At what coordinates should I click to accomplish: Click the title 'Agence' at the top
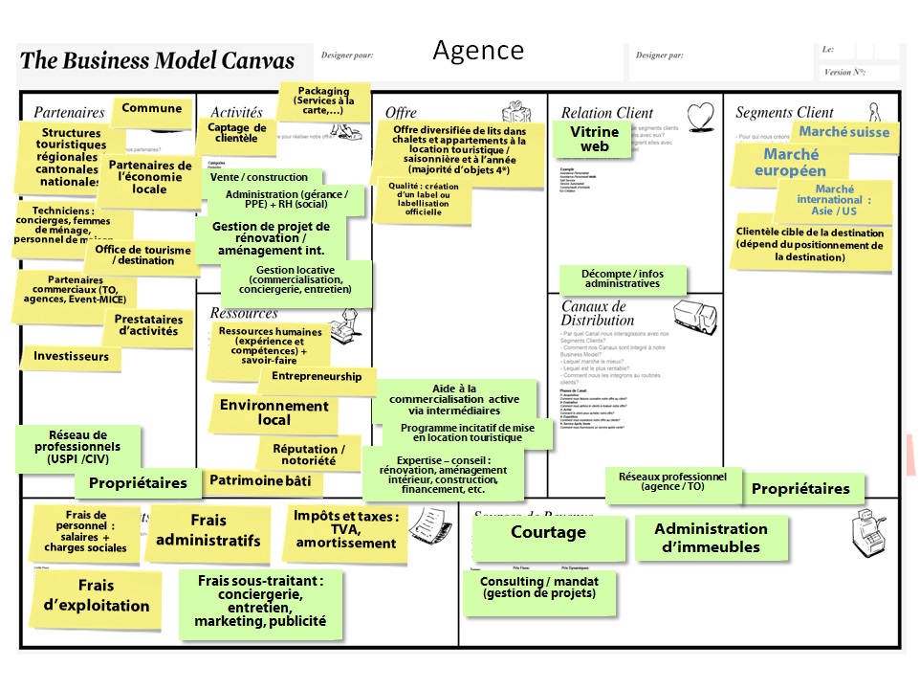(478, 51)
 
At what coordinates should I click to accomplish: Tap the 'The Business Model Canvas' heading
(158, 60)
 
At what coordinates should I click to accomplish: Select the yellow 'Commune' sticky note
(151, 109)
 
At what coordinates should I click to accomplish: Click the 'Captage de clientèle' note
(236, 133)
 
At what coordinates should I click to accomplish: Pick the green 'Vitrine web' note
(594, 140)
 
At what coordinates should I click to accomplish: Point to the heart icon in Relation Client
(701, 115)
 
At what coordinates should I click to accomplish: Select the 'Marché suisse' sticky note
(843, 133)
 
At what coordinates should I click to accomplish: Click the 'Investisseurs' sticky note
(71, 357)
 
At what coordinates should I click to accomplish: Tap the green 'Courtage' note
(548, 533)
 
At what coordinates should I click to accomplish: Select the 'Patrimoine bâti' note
(260, 480)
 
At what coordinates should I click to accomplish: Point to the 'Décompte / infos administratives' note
(622, 278)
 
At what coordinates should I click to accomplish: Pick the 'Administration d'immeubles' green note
(711, 538)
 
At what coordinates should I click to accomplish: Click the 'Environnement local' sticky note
(274, 412)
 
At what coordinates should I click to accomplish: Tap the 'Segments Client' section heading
(784, 113)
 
